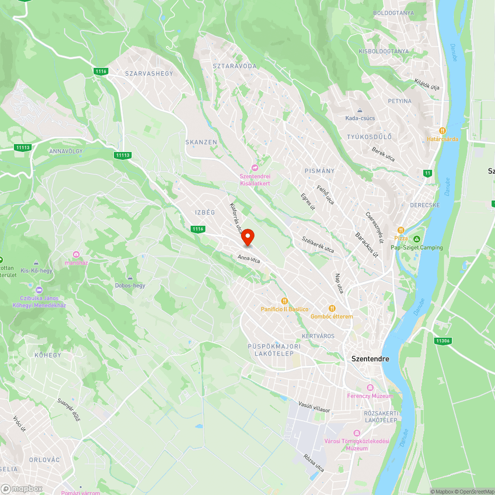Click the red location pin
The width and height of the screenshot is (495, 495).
tap(247, 238)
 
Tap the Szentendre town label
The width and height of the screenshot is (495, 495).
tap(370, 359)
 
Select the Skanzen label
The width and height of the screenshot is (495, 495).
tap(201, 142)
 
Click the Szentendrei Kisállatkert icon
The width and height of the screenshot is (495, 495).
tap(255, 168)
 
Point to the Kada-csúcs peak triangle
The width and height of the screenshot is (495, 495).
tap(360, 110)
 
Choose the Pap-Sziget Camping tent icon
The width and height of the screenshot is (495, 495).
tap(417, 239)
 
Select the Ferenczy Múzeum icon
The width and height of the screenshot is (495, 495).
tap(370, 388)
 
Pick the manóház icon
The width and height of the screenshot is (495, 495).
tap(76, 254)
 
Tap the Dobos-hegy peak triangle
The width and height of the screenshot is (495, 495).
tap(130, 278)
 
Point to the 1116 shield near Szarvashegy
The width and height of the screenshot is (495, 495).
tap(101, 72)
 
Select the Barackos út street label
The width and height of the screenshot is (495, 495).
tap(367, 245)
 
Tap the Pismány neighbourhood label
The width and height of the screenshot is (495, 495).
tap(319, 171)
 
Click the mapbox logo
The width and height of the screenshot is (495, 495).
tap(22, 488)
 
